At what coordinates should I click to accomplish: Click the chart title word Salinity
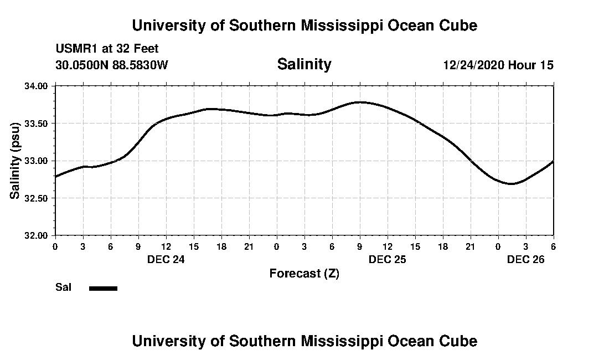coord(304,64)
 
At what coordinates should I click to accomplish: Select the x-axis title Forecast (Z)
coord(304,273)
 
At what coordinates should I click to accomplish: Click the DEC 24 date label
coord(166,259)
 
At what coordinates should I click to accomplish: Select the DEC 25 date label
coord(388,259)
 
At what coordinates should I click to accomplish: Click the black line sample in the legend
coord(104,288)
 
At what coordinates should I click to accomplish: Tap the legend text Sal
coord(63,287)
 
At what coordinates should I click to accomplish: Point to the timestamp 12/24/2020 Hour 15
coord(498,65)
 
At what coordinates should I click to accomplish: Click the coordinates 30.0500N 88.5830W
coord(112,65)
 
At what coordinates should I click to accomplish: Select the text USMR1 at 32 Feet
coord(107,49)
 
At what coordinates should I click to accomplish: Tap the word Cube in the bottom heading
coord(459,341)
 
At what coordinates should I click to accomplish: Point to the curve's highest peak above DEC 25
coord(360,102)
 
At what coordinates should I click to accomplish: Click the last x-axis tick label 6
coord(553,246)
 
